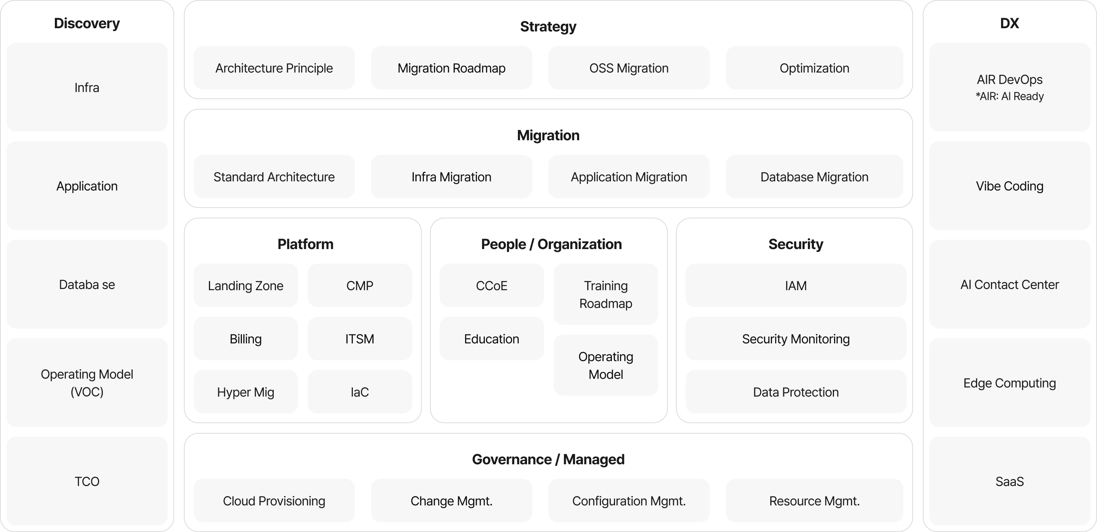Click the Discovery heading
click(x=87, y=23)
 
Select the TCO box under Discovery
click(x=87, y=481)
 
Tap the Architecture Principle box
click(x=274, y=68)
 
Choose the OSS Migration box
click(x=629, y=68)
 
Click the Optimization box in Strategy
click(x=814, y=68)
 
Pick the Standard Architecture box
click(x=274, y=177)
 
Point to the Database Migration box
click(x=814, y=177)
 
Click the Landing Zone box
click(x=245, y=286)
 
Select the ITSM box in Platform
click(x=359, y=339)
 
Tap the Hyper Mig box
click(x=245, y=392)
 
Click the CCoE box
click(x=492, y=286)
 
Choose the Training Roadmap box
click(x=605, y=295)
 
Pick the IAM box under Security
click(x=795, y=286)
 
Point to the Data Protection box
click(x=795, y=392)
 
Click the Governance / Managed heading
click(x=548, y=459)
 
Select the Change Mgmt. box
click(x=451, y=501)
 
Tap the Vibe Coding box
click(x=1009, y=186)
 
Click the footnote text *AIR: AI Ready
click(x=1009, y=97)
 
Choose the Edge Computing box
click(x=1009, y=383)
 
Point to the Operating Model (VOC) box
click(x=87, y=382)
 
